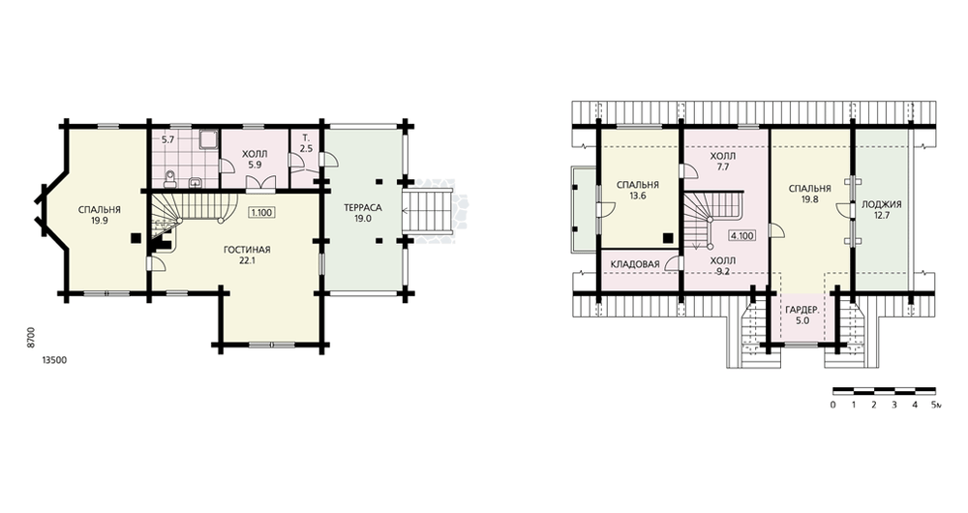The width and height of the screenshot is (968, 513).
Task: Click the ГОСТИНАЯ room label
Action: pos(247,250)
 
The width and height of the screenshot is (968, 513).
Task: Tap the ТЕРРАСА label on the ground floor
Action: pos(363,207)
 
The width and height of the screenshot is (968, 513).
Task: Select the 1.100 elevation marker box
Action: pos(261,212)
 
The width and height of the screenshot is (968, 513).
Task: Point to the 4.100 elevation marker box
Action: pos(741,235)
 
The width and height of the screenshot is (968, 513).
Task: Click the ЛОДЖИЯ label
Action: pos(882,204)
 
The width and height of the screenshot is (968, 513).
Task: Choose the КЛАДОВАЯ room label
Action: pos(635,264)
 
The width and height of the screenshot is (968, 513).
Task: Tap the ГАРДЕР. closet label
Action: pos(802,310)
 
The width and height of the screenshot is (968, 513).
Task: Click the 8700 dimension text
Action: pos(31,339)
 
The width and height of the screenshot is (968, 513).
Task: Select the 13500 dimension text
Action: pos(54,360)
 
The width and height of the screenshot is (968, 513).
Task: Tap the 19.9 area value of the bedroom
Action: pos(99,220)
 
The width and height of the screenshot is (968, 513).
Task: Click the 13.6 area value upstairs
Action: pos(638,196)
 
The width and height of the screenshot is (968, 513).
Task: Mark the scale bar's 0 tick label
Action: pos(832,405)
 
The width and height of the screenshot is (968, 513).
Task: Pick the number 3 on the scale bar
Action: pos(893,405)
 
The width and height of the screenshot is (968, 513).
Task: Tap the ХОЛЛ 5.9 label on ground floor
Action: pos(255,160)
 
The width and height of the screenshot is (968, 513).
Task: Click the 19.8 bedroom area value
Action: pos(808,199)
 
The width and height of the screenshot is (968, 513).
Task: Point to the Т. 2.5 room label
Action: pos(306,143)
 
